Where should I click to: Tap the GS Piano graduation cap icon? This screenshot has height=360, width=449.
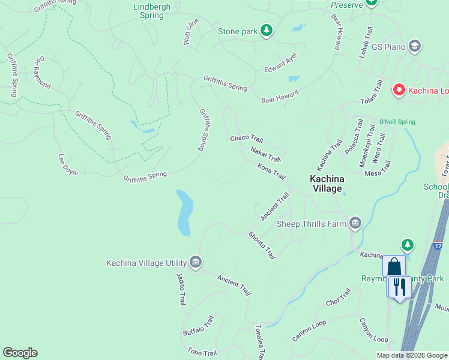(414, 46)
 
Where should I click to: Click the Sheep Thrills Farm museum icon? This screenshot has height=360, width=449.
(355, 224)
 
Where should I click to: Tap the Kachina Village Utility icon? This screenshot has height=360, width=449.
(195, 262)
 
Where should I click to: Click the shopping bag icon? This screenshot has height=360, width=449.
(394, 266)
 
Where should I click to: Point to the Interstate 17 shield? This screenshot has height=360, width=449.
(438, 246)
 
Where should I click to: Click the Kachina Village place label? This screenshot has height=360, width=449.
(325, 184)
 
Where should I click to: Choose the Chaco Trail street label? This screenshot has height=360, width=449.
(247, 139)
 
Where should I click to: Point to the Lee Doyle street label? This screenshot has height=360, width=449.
(68, 164)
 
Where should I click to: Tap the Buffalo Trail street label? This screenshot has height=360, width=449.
(198, 326)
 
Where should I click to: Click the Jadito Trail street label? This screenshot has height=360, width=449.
(181, 289)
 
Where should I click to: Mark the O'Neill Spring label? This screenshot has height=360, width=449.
(397, 122)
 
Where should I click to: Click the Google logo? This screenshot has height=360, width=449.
(20, 353)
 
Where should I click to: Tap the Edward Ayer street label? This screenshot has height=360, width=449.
(281, 63)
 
